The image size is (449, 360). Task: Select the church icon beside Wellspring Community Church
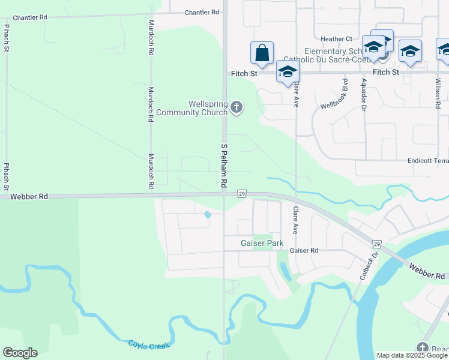(237, 108)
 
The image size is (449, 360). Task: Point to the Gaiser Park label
(262, 244)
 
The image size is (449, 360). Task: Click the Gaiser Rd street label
(303, 251)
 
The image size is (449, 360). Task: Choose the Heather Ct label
(336, 39)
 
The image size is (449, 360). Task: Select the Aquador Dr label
(363, 94)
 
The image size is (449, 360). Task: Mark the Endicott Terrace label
(427, 161)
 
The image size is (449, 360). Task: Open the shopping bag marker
(262, 53)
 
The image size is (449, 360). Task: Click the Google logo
(20, 353)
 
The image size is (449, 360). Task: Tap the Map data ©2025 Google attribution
(412, 355)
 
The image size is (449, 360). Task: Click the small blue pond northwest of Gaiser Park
(208, 214)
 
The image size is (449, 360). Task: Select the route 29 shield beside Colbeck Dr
(376, 244)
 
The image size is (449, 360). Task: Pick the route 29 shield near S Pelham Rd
(241, 193)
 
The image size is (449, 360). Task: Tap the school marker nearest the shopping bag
(288, 71)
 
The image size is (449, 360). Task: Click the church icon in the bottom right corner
(423, 348)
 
